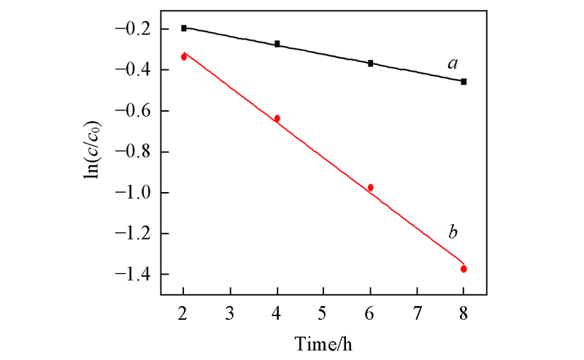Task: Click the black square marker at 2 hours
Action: click(x=184, y=28)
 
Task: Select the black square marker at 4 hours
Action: click(x=277, y=44)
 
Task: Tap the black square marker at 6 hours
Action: click(x=371, y=64)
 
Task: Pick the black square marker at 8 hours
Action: click(x=464, y=82)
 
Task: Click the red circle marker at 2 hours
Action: click(x=184, y=56)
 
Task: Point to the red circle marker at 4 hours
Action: click(x=277, y=118)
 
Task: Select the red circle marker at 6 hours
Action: click(x=371, y=188)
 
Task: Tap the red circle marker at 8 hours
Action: click(x=464, y=269)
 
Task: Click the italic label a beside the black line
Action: click(x=453, y=64)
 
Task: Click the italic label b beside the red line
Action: click(x=453, y=233)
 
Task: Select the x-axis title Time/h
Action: click(x=324, y=342)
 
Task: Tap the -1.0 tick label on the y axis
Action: click(x=136, y=193)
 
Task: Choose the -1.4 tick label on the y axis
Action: click(x=136, y=275)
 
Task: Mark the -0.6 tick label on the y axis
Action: click(x=136, y=111)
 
